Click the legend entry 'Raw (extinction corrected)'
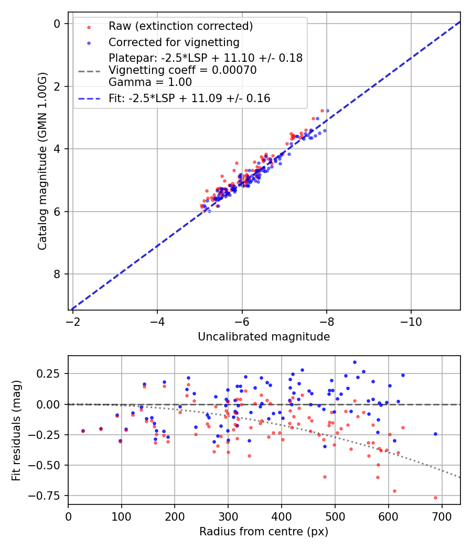pyautogui.click(x=180, y=26)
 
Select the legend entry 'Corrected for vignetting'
pyautogui.click(x=174, y=42)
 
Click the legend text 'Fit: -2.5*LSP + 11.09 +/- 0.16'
pyautogui.click(x=189, y=98)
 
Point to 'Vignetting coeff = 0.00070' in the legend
pyautogui.click(x=183, y=70)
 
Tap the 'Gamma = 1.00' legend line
pyautogui.click(x=150, y=82)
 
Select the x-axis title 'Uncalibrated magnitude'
pyautogui.click(x=264, y=337)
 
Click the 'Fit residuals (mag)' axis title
pyautogui.click(x=16, y=430)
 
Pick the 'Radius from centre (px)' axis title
pyautogui.click(x=264, y=532)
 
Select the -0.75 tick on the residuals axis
pyautogui.click(x=48, y=496)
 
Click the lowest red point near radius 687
pyautogui.click(x=435, y=498)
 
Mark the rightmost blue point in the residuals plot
pyautogui.click(x=435, y=434)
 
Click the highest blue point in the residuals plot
pyautogui.click(x=355, y=362)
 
